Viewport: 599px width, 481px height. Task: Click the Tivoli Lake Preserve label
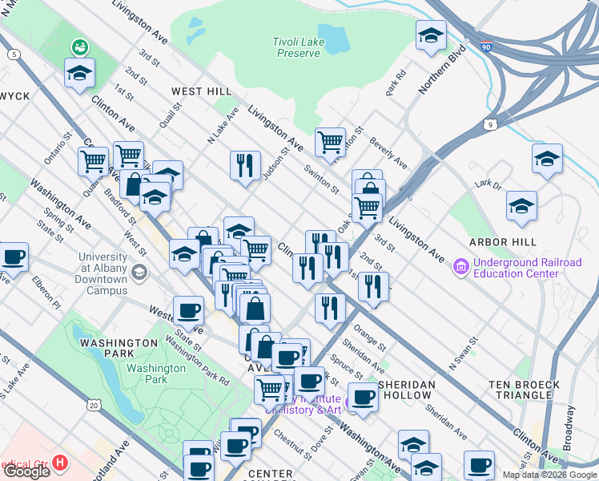298,47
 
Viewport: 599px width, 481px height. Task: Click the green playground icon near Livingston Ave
78,46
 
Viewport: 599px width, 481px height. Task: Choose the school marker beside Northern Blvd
430,35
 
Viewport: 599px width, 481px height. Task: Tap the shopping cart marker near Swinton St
330,142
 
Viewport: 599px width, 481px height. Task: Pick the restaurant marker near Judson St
245,165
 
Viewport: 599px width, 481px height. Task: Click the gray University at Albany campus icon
140,273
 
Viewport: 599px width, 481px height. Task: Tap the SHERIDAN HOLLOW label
407,390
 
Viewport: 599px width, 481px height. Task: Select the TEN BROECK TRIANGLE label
525,390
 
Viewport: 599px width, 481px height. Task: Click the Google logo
26,471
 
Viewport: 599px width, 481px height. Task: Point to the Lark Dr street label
485,184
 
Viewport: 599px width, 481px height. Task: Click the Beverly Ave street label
388,153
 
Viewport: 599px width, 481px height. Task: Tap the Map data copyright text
549,475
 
